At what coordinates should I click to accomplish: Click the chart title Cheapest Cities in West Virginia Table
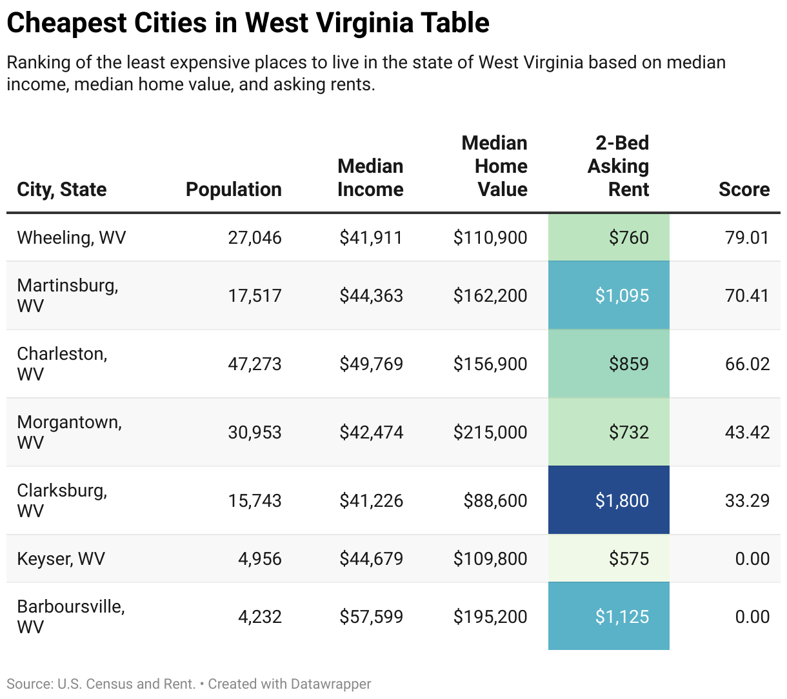tap(248, 23)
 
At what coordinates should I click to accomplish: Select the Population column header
tap(234, 189)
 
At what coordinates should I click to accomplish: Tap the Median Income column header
tap(370, 177)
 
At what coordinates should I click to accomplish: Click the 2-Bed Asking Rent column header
tap(618, 166)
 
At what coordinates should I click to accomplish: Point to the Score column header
tap(744, 189)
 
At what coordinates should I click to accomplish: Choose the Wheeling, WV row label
tap(72, 237)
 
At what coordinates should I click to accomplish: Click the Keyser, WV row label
tap(61, 558)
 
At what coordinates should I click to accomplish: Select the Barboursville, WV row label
tap(70, 616)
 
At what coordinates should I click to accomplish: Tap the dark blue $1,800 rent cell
tap(622, 500)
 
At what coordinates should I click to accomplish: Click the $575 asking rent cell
tap(628, 558)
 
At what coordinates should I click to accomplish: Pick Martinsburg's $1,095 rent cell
tap(622, 295)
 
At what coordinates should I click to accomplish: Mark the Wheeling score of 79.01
tap(747, 237)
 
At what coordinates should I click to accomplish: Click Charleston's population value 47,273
tap(254, 364)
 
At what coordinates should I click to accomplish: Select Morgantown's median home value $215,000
tap(490, 432)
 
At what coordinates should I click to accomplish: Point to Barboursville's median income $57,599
tap(371, 616)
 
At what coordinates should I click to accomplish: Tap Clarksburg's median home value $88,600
tap(495, 500)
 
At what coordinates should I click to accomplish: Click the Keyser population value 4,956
tap(259, 558)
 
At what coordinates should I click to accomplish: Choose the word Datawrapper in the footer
tap(330, 684)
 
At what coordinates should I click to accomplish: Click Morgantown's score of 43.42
tap(747, 432)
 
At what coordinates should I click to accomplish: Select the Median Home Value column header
tap(494, 166)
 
